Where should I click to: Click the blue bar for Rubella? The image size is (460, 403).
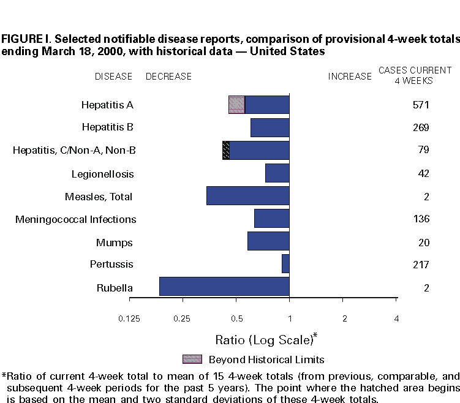click(224, 287)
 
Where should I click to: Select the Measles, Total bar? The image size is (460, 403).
click(247, 196)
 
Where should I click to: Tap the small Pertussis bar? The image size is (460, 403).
click(285, 264)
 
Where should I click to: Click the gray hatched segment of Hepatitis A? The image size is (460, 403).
click(236, 105)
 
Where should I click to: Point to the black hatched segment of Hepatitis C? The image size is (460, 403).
click(226, 151)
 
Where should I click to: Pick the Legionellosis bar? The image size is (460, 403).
click(277, 173)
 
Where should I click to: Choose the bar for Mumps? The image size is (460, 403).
click(268, 241)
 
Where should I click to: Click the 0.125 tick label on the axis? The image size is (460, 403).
click(129, 318)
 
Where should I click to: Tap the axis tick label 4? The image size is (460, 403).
click(397, 318)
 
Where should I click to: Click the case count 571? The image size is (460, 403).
click(421, 105)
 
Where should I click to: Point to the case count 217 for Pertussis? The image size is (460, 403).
click(421, 265)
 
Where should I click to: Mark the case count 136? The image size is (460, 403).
click(421, 219)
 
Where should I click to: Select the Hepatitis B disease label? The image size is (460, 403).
click(108, 127)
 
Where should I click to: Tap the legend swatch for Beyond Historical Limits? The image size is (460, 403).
click(192, 359)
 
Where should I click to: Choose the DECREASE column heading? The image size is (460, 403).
click(168, 77)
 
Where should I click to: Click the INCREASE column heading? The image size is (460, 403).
click(350, 77)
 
